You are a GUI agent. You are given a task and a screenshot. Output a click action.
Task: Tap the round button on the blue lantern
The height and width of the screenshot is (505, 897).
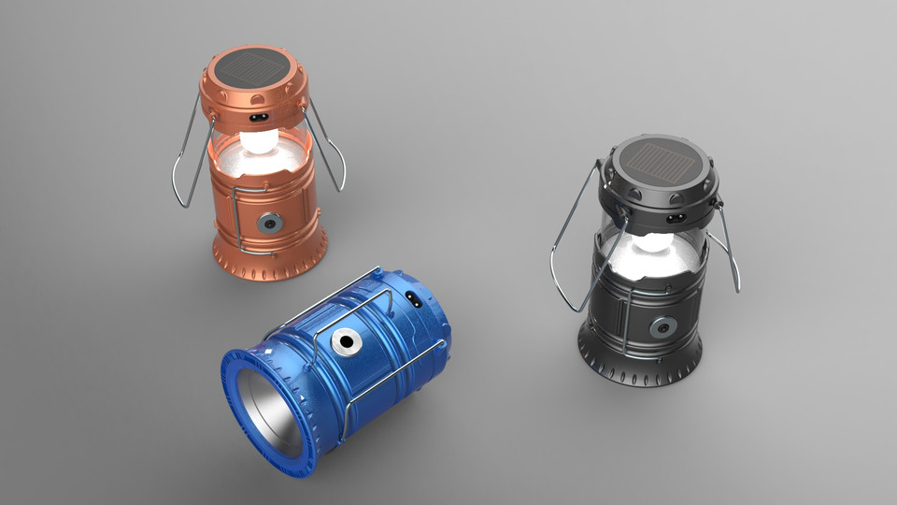(x=348, y=342)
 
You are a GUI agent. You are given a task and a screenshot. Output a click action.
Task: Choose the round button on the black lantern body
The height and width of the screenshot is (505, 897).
(x=663, y=326)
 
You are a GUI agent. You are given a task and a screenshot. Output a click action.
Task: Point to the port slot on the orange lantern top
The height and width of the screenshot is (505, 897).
(x=261, y=119)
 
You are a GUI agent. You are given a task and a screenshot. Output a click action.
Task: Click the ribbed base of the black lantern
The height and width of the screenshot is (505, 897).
(x=639, y=369)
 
